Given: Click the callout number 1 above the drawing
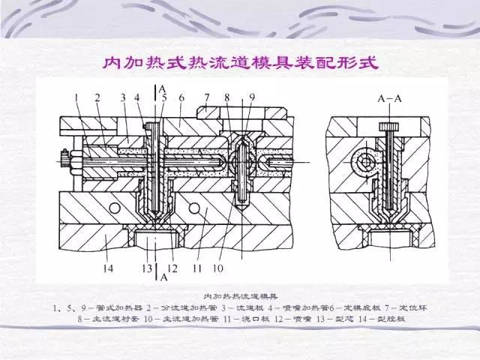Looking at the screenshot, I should pyautogui.click(x=77, y=97).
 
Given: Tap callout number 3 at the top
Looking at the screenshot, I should pyautogui.click(x=122, y=97).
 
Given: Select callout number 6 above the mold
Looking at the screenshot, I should pyautogui.click(x=181, y=97).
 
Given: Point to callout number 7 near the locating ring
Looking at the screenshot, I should pyautogui.click(x=205, y=97).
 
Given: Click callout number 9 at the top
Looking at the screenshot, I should pyautogui.click(x=252, y=97).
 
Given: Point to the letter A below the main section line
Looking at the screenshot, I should pyautogui.click(x=163, y=276).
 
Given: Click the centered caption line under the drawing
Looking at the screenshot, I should pyautogui.click(x=240, y=295).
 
